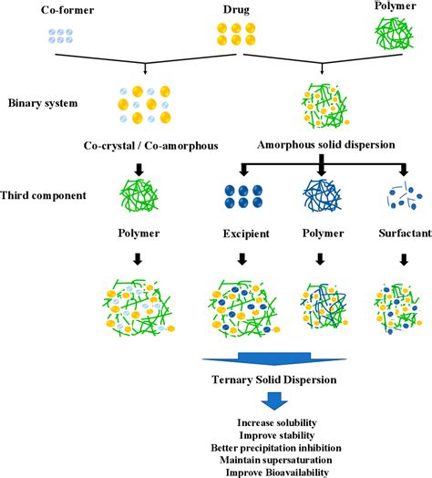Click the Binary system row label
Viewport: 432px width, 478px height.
[x=39, y=103]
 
